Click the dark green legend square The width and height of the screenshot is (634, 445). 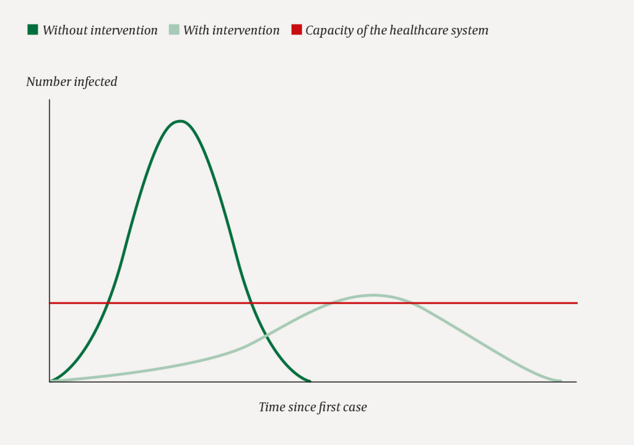coord(33,29)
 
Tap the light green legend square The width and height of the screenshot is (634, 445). coord(173,29)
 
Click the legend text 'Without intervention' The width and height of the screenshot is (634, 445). coord(100,30)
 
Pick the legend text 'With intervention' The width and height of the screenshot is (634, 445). coord(232,30)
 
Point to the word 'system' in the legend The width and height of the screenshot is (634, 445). coord(470,30)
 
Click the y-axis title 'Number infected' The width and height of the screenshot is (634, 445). coord(72,82)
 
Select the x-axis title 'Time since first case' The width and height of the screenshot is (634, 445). coord(313,407)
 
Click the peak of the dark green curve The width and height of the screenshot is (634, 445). coord(180,121)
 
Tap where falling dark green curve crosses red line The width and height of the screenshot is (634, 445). coord(251,303)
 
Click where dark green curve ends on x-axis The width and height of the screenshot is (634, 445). coord(310,381)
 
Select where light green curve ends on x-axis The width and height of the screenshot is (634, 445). coord(561,381)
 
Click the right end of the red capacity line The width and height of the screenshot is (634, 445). coord(576,303)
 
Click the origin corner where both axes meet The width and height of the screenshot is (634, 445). coord(50,382)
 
